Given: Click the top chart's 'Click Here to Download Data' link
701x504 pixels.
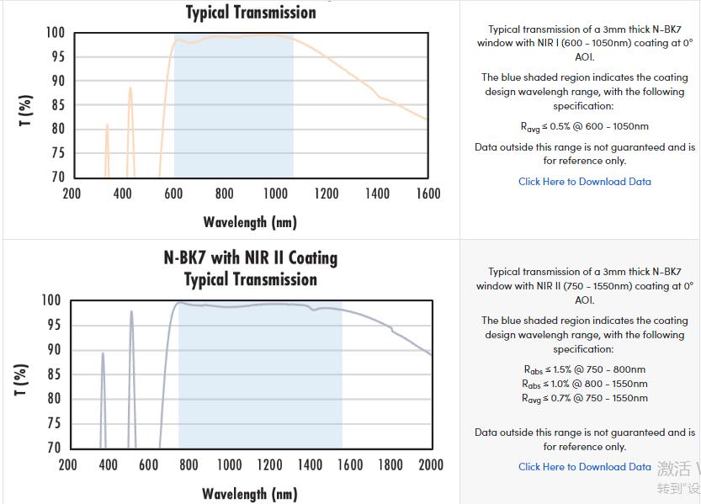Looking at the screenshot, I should click(584, 182).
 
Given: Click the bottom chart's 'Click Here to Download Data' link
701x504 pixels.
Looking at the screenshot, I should click(584, 467).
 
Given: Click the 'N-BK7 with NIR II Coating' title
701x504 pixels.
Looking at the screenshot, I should click(250, 257).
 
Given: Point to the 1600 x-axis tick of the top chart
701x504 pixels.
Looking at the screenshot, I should click(428, 194).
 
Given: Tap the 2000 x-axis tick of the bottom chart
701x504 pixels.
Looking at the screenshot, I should click(431, 464).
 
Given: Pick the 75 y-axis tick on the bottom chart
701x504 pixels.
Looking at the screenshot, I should click(52, 424).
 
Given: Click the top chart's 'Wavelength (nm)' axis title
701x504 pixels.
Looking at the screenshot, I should click(250, 222).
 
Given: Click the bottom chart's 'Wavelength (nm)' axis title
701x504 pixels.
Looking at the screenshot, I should click(250, 494).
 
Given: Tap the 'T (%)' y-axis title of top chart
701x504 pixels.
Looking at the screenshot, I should click(25, 111).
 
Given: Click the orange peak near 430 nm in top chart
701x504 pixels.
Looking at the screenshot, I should click(130, 88).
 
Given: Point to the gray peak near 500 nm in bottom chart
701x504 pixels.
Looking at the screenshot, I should click(131, 313).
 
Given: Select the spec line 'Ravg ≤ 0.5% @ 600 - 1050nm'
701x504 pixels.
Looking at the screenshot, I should click(584, 127).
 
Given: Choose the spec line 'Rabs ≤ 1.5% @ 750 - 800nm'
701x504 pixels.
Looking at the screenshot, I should click(584, 369).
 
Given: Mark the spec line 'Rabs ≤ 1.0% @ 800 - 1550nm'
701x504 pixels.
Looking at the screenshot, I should click(584, 384).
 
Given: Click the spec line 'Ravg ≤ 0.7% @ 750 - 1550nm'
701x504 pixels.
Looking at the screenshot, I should click(584, 398).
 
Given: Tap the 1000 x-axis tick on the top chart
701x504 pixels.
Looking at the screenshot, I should click(275, 194).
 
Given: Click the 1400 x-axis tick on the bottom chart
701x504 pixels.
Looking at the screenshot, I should click(310, 464).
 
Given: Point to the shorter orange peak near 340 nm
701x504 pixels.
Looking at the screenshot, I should click(107, 126).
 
